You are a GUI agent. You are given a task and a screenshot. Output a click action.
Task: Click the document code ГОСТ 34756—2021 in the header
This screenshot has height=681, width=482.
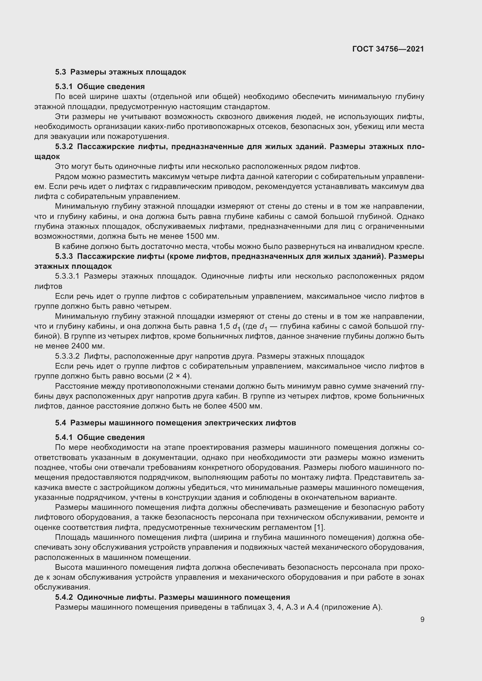[388, 49]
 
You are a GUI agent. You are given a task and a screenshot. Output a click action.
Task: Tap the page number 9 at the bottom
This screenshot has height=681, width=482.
[422, 620]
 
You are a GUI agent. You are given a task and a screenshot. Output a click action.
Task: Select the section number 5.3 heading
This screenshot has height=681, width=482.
[61, 72]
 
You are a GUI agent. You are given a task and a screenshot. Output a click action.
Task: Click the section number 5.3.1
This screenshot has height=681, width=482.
[64, 86]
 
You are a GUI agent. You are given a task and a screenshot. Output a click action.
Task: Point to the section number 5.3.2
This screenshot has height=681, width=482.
[64, 146]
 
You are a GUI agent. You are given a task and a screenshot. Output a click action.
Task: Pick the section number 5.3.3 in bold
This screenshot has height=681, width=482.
[64, 256]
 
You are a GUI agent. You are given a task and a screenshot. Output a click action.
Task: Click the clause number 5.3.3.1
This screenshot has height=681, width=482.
[67, 276]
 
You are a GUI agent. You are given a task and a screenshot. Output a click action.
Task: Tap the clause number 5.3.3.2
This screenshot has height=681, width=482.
[67, 356]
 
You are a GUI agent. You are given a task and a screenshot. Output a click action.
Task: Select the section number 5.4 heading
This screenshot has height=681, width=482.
[61, 423]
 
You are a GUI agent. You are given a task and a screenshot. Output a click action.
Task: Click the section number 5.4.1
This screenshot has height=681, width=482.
[64, 437]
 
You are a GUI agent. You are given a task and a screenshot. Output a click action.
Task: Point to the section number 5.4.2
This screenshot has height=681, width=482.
[64, 597]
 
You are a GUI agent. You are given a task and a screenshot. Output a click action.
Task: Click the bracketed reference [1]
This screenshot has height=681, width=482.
[319, 527]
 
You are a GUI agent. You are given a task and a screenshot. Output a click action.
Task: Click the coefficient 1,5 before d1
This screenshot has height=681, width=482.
[224, 326]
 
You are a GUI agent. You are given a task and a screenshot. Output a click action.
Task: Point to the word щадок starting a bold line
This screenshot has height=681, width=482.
[47, 157]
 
